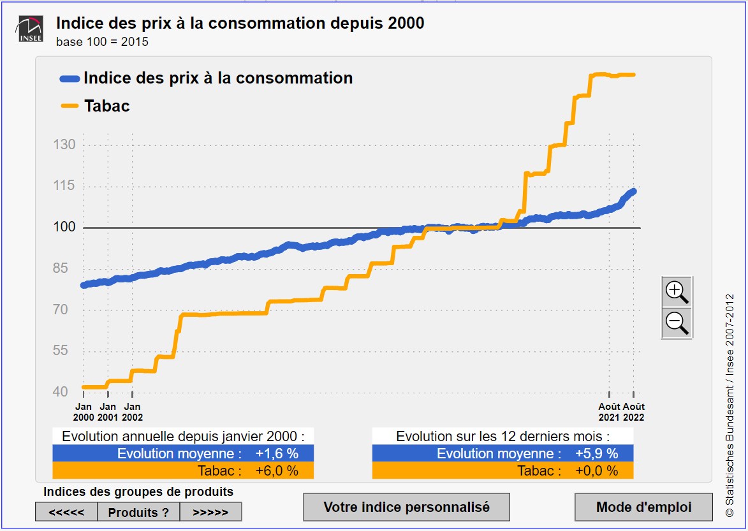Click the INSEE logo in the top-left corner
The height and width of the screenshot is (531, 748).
click(x=31, y=29)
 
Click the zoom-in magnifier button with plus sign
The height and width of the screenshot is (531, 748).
click(x=677, y=292)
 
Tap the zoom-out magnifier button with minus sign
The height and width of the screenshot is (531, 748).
click(x=677, y=323)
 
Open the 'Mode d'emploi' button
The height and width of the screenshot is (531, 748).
click(x=643, y=507)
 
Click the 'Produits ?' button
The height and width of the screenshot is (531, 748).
click(x=138, y=512)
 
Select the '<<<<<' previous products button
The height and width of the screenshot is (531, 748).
click(x=66, y=512)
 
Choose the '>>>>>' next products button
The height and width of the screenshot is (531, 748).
click(x=210, y=512)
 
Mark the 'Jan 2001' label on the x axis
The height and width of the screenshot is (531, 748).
click(x=108, y=412)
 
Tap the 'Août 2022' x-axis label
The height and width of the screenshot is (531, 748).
click(x=633, y=412)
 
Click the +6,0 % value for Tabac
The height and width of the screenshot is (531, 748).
click(x=277, y=471)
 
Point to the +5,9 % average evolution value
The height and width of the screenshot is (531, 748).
click(x=596, y=454)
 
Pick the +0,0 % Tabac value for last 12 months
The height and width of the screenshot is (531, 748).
click(x=596, y=471)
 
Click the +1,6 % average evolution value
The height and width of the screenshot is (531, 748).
click(x=277, y=454)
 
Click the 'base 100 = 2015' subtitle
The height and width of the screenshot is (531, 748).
click(x=102, y=42)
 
